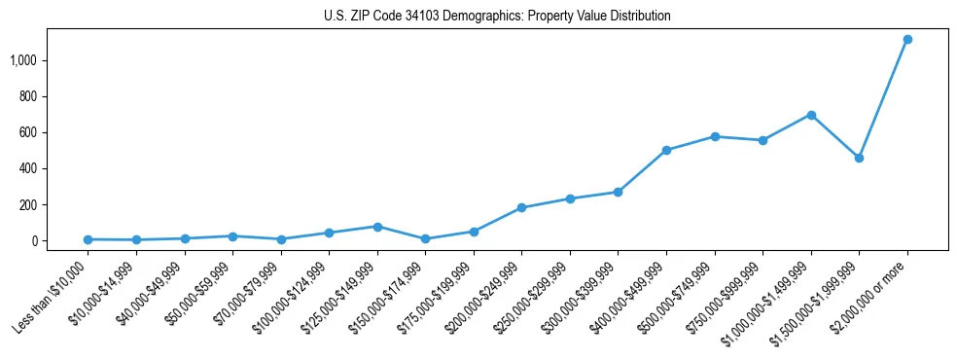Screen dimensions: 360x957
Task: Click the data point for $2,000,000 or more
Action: click(907, 39)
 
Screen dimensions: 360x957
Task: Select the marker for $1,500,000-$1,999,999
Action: click(859, 158)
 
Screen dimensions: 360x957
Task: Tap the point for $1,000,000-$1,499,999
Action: click(811, 115)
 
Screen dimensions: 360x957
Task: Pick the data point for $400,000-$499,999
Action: click(666, 150)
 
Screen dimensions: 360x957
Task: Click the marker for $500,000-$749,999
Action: click(715, 136)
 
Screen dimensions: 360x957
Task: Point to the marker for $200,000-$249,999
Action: click(521, 207)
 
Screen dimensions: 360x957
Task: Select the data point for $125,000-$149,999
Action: click(377, 227)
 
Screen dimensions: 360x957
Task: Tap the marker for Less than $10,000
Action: click(88, 239)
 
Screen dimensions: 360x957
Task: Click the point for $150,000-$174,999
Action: click(425, 238)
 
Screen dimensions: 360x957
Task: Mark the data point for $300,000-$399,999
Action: click(618, 192)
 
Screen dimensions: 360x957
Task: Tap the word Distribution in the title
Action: click(637, 17)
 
